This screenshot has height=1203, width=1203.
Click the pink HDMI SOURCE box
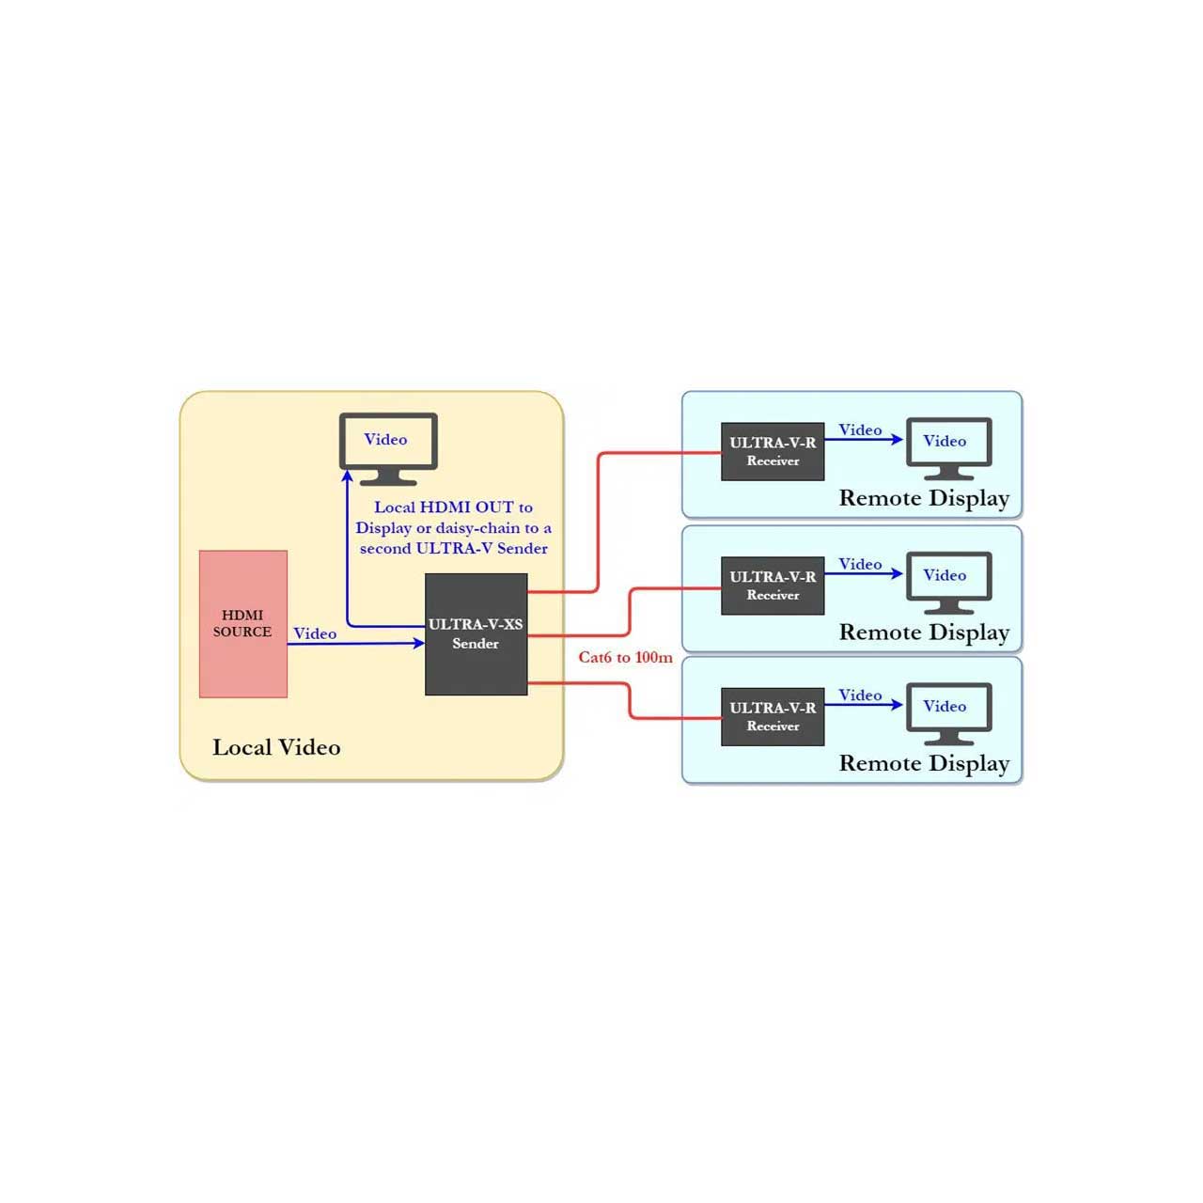(x=242, y=623)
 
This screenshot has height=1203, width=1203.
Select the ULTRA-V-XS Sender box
(x=476, y=633)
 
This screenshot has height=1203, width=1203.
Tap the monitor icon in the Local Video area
(x=387, y=448)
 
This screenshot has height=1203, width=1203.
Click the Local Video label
(x=276, y=747)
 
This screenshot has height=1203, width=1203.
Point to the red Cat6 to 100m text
(x=626, y=657)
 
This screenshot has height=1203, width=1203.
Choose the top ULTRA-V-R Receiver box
(x=773, y=451)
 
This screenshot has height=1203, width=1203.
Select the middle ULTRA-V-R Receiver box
(x=773, y=586)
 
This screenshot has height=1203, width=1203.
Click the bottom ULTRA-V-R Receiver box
(x=773, y=717)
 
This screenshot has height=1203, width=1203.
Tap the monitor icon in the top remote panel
(x=948, y=448)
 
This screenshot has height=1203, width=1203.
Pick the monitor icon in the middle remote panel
(x=948, y=583)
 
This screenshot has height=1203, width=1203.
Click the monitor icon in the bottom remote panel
(x=948, y=713)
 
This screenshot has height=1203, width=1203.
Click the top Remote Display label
(x=924, y=499)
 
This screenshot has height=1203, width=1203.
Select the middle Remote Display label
(x=924, y=633)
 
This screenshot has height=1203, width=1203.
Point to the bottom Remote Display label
(x=924, y=764)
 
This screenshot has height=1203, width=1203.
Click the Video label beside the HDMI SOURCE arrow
(x=315, y=633)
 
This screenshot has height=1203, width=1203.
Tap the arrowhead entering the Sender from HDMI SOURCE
(x=419, y=643)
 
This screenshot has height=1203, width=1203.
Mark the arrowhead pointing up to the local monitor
(x=347, y=477)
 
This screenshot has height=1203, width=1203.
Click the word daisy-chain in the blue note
(x=477, y=528)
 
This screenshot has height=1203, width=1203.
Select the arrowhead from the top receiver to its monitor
(x=898, y=440)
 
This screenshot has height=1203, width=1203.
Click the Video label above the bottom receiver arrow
(x=860, y=695)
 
